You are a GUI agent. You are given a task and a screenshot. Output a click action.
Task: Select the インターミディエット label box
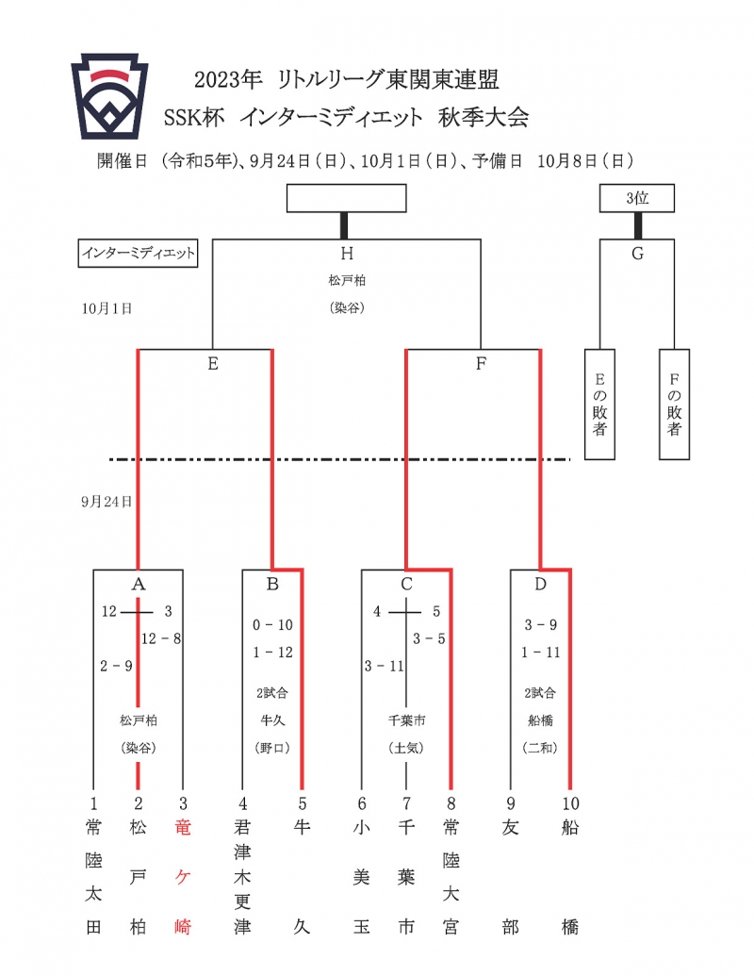pyautogui.click(x=138, y=254)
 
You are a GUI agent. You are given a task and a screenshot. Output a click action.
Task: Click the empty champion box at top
pyautogui.click(x=346, y=198)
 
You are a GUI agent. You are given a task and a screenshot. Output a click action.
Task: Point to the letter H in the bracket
pyautogui.click(x=346, y=253)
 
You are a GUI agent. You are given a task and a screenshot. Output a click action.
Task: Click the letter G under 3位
pyautogui.click(x=637, y=253)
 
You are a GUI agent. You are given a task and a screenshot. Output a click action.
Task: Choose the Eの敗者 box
pyautogui.click(x=600, y=405)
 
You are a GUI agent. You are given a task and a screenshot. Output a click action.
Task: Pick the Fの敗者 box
pyautogui.click(x=674, y=405)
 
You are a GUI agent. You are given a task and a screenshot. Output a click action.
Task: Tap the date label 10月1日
pyautogui.click(x=106, y=307)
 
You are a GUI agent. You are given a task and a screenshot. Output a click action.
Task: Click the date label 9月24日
pyautogui.click(x=106, y=502)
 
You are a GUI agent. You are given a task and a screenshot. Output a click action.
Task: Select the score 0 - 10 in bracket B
pyautogui.click(x=273, y=624)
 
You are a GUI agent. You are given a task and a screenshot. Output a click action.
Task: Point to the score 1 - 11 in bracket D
pyautogui.click(x=540, y=652)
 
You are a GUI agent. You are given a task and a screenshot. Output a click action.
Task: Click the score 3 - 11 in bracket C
pyautogui.click(x=384, y=667)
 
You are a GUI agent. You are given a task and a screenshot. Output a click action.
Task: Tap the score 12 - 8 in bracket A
pyautogui.click(x=161, y=638)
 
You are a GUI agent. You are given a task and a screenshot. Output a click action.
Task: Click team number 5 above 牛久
pyautogui.click(x=302, y=803)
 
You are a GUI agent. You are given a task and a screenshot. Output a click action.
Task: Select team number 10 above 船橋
pyautogui.click(x=570, y=803)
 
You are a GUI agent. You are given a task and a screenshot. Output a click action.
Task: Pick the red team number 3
pyautogui.click(x=184, y=803)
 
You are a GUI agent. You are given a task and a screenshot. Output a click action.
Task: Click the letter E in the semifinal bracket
pyautogui.click(x=213, y=363)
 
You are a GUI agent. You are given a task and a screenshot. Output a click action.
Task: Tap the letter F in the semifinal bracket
pyautogui.click(x=481, y=363)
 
